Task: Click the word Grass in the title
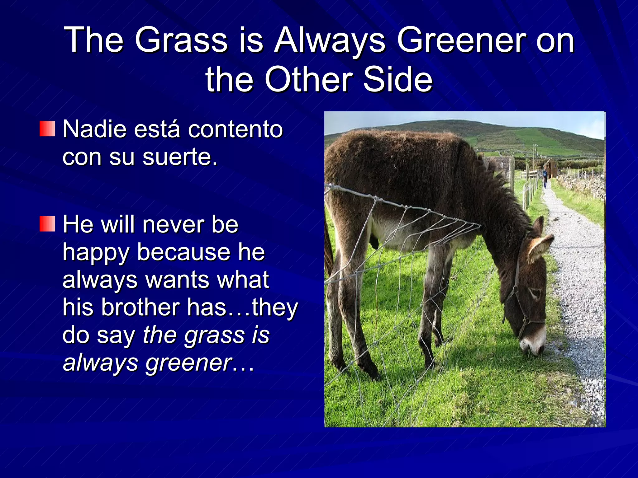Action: [x=181, y=40]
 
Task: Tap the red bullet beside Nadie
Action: [x=47, y=129]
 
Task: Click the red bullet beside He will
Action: [x=47, y=224]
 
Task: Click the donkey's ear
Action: [x=540, y=246]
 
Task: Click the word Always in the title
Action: [x=330, y=40]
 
